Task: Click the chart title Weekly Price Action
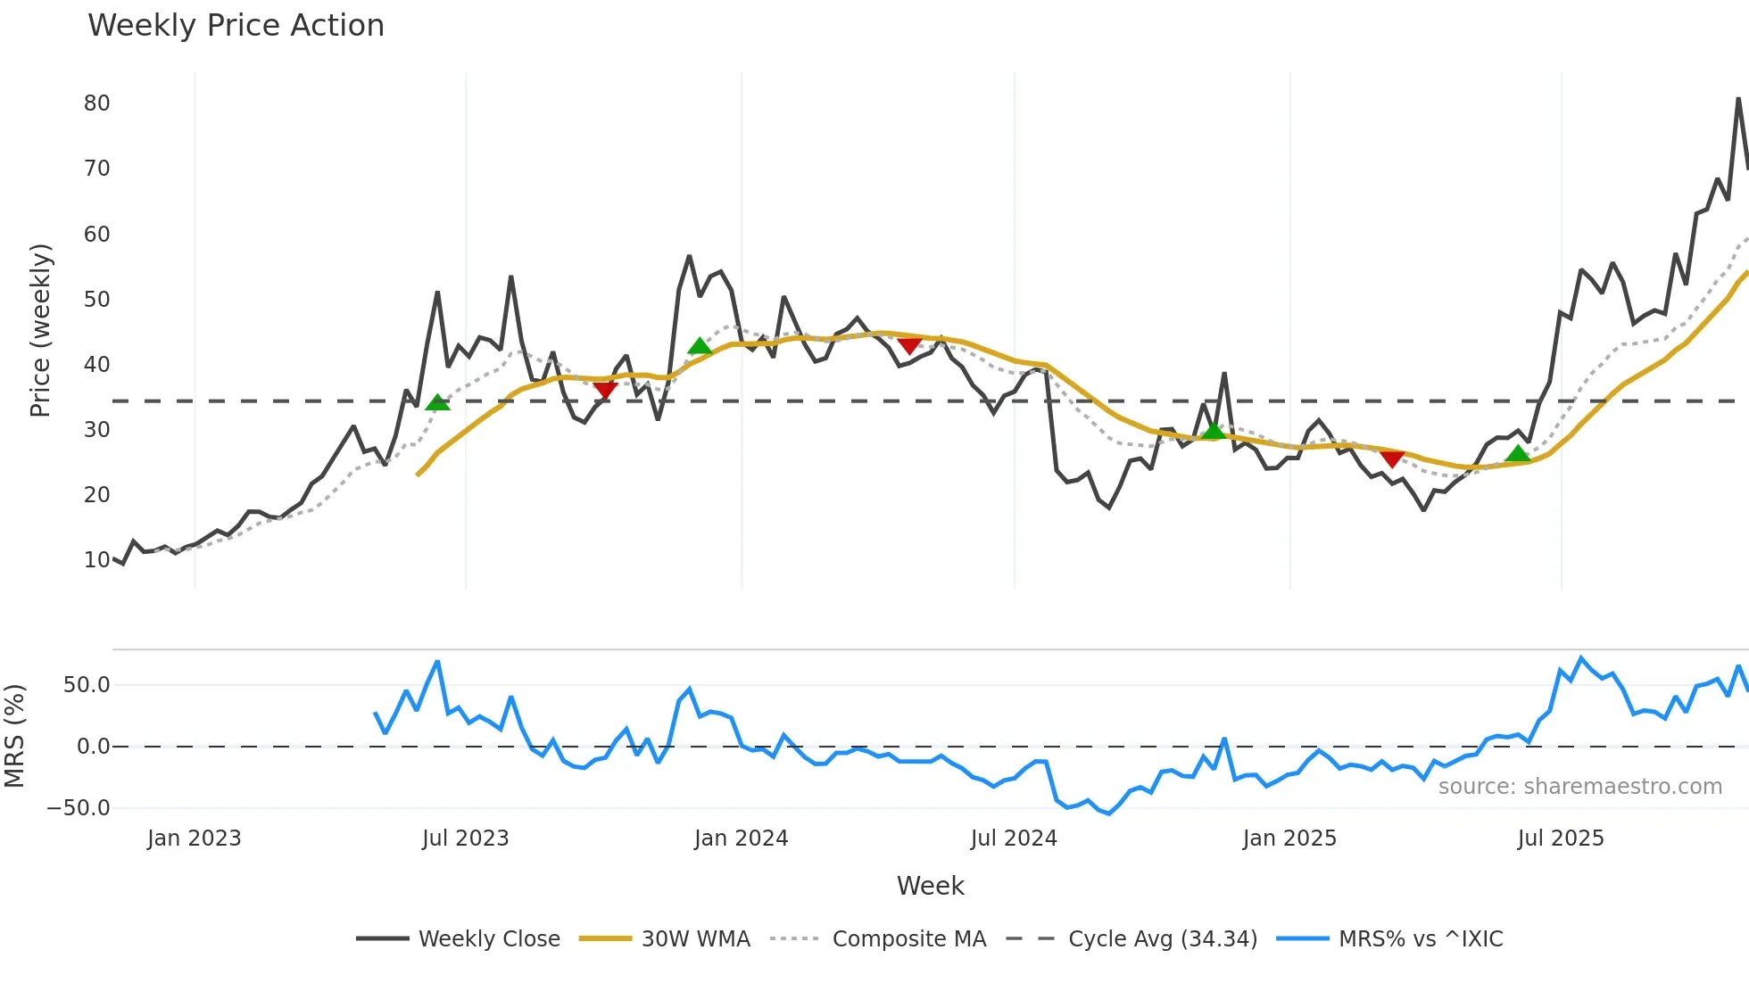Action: pos(236,26)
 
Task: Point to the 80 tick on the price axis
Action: pos(96,103)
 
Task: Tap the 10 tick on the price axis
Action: pos(96,560)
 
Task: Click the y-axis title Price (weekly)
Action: pos(40,330)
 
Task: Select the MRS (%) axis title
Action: pos(14,736)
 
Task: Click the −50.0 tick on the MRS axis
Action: pos(79,808)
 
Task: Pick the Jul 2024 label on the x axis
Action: pos(1014,838)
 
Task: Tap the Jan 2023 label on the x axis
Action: pos(195,838)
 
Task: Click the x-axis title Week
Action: pos(930,886)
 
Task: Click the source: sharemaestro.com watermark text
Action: pos(1579,787)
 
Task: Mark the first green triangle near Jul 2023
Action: pos(437,403)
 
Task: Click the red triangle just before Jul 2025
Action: pos(1391,458)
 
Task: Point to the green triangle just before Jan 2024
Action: pos(700,346)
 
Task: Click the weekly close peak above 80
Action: pos(1738,99)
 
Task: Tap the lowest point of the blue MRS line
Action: pos(1109,814)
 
